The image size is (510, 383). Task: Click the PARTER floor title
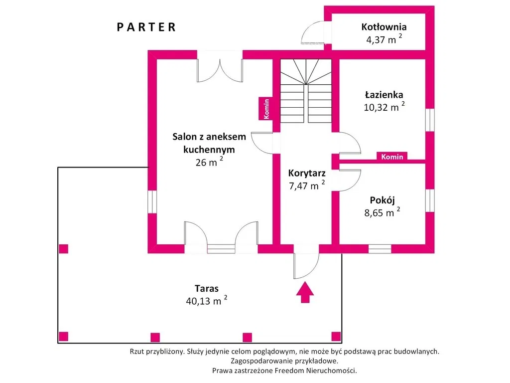(146, 27)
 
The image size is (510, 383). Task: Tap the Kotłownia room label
(384, 27)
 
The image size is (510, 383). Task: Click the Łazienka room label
(383, 94)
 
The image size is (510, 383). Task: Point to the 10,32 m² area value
(384, 107)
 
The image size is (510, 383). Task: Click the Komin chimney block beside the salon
(266, 108)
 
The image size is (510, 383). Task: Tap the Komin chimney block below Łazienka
(392, 157)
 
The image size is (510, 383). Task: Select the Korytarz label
(307, 174)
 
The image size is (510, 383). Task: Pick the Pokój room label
(382, 200)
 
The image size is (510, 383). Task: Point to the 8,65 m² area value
(382, 213)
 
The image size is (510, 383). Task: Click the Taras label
(207, 288)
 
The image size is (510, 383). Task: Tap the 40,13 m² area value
(206, 301)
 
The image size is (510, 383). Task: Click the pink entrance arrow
(305, 292)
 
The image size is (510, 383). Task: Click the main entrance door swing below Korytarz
(305, 266)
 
